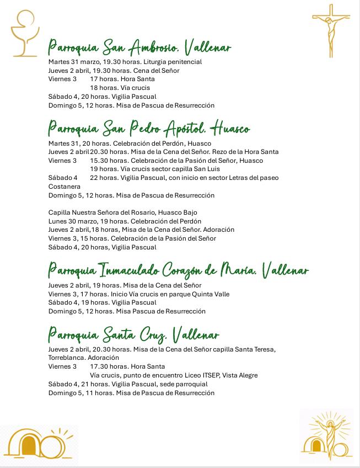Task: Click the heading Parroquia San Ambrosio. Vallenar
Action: click(x=139, y=48)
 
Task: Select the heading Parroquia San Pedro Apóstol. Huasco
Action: click(x=149, y=129)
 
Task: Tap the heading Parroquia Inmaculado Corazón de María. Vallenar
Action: click(x=178, y=271)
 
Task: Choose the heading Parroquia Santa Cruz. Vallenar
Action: click(x=133, y=335)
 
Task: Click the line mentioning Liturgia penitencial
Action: click(x=125, y=62)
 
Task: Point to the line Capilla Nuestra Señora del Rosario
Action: click(x=122, y=212)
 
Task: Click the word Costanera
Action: click(x=65, y=187)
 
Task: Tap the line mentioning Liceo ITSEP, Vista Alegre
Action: click(x=174, y=375)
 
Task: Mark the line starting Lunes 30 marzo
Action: click(x=125, y=221)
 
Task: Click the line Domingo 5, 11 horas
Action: click(x=131, y=393)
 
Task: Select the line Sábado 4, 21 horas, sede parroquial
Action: click(x=128, y=384)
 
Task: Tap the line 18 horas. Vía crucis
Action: click(x=120, y=88)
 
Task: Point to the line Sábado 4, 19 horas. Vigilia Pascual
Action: click(x=103, y=302)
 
